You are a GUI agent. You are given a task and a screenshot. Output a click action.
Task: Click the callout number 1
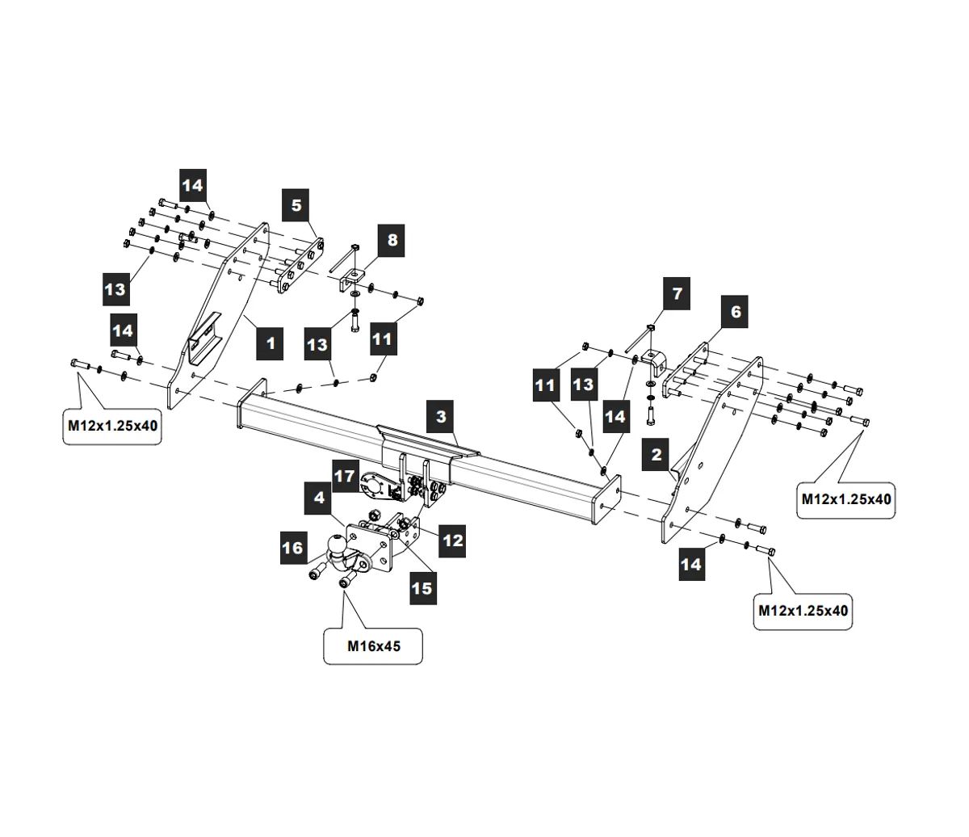tap(271, 343)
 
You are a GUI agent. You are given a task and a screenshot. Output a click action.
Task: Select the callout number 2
tap(656, 454)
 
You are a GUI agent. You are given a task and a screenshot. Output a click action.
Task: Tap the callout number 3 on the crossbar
tap(441, 417)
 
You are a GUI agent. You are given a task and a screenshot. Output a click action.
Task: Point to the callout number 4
tap(320, 498)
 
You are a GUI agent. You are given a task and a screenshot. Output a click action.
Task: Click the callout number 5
tap(296, 205)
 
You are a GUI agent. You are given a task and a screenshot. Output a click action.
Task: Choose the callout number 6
tap(736, 311)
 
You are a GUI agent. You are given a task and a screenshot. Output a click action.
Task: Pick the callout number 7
tap(677, 294)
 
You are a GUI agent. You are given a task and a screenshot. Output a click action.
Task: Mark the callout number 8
tap(392, 240)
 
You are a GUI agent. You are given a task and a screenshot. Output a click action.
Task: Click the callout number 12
tap(452, 540)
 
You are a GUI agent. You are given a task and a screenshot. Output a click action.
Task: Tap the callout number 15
tap(422, 587)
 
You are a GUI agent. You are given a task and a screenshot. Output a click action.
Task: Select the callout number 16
tap(293, 549)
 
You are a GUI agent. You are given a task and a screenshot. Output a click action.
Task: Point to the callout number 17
tap(345, 477)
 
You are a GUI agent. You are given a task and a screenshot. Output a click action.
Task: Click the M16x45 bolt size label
tap(374, 646)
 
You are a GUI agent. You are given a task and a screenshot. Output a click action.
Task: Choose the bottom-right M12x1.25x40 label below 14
tap(803, 611)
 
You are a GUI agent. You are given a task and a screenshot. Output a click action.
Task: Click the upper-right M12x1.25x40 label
tap(845, 498)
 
